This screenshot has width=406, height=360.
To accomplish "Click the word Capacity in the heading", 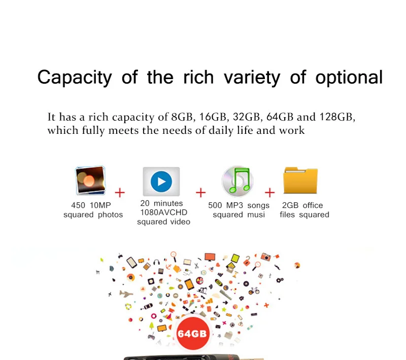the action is click(x=75, y=78).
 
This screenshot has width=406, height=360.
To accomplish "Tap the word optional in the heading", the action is click(x=349, y=78).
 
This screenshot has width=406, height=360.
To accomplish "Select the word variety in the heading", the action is click(x=252, y=78).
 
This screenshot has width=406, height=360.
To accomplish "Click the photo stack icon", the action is click(x=90, y=181).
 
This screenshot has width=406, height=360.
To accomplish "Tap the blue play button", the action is click(x=161, y=182).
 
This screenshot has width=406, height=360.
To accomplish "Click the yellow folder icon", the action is click(x=300, y=181).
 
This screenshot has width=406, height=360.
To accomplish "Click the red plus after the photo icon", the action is click(x=120, y=193).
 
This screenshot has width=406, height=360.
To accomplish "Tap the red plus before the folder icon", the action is click(x=269, y=193).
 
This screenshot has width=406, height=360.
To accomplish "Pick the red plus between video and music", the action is click(x=200, y=193).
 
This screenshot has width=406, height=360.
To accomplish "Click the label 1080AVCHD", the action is click(x=163, y=212).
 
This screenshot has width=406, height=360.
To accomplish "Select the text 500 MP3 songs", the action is click(x=239, y=205).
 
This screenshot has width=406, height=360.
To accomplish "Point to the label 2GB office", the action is click(x=302, y=205).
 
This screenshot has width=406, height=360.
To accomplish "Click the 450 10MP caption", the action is click(x=91, y=205).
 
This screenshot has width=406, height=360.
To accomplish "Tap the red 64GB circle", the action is click(x=192, y=333).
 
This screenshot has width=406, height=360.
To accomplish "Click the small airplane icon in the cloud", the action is click(x=126, y=294).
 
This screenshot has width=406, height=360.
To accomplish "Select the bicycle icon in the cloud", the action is click(x=254, y=291).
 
